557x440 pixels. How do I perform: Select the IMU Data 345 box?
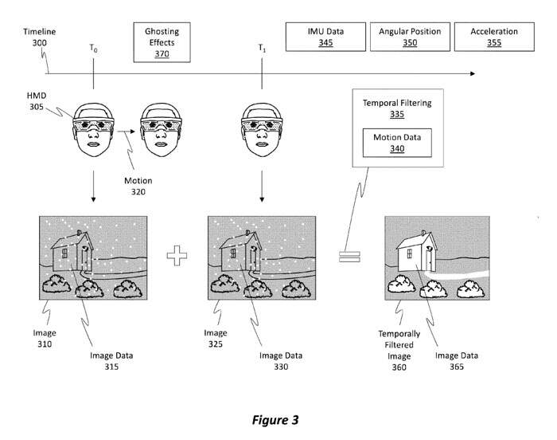click(x=325, y=37)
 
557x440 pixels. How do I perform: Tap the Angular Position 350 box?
click(x=410, y=37)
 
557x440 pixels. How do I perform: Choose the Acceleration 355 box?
click(x=494, y=37)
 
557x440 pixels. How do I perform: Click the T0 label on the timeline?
click(x=95, y=49)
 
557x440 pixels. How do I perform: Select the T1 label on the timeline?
click(x=262, y=49)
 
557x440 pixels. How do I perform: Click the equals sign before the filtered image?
click(x=349, y=257)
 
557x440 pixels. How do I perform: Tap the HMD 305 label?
click(x=35, y=100)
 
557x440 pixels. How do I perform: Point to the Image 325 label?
click(x=216, y=338)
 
